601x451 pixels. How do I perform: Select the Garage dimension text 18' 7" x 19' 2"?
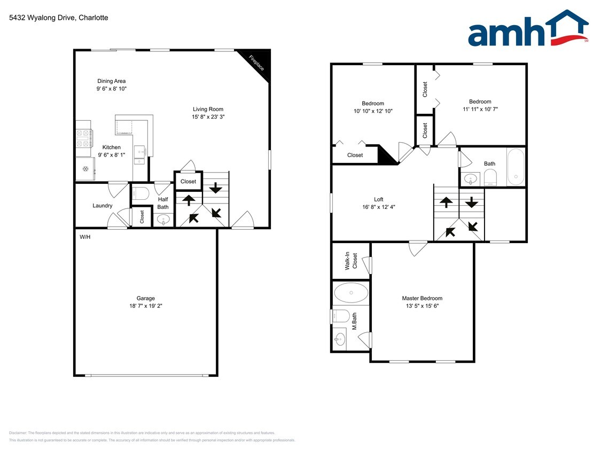click(x=145, y=306)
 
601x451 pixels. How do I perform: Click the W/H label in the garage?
click(x=85, y=237)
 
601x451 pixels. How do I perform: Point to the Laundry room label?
click(x=102, y=206)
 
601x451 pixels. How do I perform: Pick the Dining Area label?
click(x=112, y=81)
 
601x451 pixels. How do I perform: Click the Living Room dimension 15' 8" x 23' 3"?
click(x=208, y=116)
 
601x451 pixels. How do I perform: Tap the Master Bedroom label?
click(x=422, y=298)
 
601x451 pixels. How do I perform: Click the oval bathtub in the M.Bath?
click(x=351, y=293)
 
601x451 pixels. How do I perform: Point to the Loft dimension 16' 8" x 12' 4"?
click(x=378, y=207)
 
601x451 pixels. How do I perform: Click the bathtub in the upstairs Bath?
click(x=516, y=167)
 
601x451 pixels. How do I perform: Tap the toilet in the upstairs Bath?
click(x=490, y=177)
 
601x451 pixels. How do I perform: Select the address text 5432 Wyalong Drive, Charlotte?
click(x=59, y=18)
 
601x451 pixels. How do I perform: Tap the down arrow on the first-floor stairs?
click(x=216, y=188)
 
